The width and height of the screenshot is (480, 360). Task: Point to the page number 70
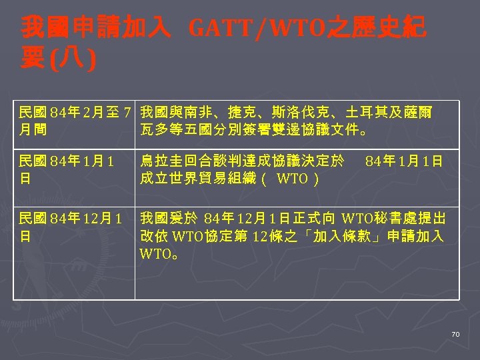tap(455, 334)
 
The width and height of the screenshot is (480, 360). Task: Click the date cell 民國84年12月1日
tap(71, 227)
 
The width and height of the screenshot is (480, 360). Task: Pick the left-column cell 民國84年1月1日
tap(67, 169)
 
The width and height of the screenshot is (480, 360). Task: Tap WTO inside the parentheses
tap(291, 178)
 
